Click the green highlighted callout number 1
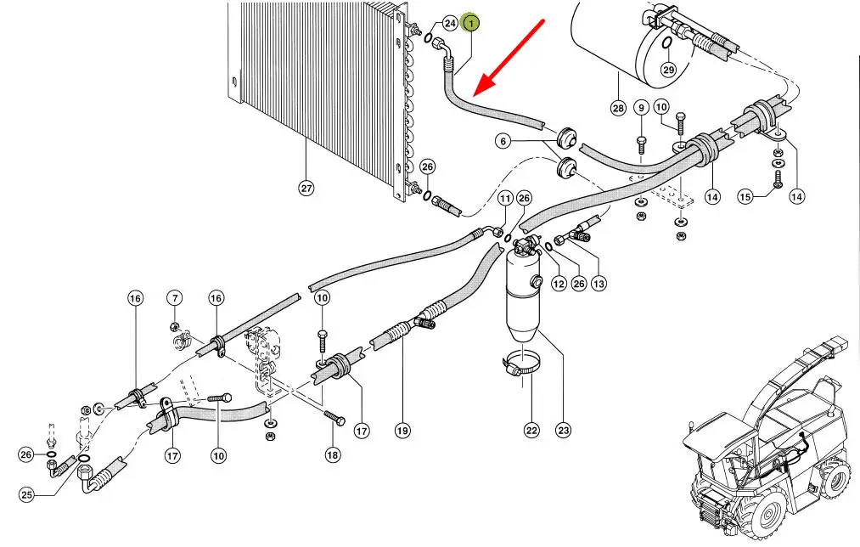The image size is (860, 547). [x=472, y=24]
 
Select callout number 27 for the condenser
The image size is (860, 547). [x=306, y=188]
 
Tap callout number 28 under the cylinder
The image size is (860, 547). [x=617, y=108]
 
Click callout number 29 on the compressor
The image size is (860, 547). [x=668, y=70]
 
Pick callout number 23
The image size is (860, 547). [x=563, y=431]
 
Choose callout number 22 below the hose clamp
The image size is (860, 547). [x=531, y=431]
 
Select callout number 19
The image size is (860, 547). [x=402, y=431]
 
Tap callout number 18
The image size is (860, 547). [x=332, y=455]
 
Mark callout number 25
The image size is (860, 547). [x=26, y=495]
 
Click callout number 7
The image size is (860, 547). [x=174, y=298]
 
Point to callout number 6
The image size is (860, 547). [x=503, y=142]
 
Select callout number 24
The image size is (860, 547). [x=450, y=24]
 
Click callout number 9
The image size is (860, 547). [x=641, y=108]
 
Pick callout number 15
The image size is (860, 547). [x=745, y=197]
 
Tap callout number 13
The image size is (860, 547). [x=599, y=284]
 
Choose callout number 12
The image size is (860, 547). [x=558, y=284]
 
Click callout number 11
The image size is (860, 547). [x=505, y=199]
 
